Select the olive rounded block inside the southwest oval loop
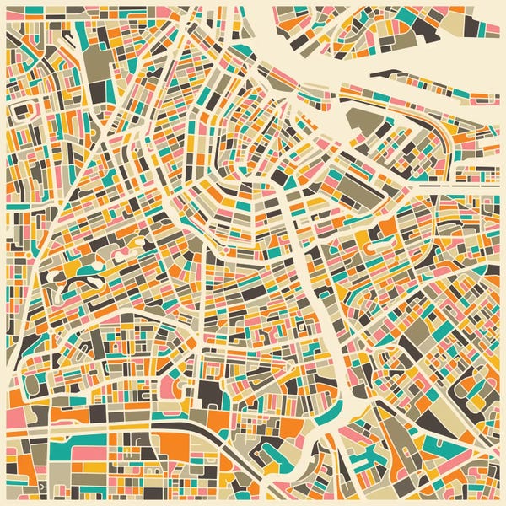pyautogui.click(x=32, y=384)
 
